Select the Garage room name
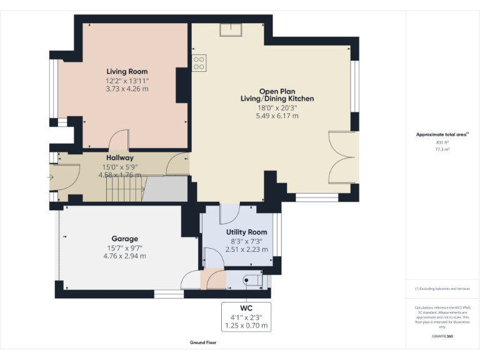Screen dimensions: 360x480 (125, 239)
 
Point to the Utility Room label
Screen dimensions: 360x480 (246, 232)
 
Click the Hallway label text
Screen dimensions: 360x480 (119, 158)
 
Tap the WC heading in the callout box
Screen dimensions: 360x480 (246, 308)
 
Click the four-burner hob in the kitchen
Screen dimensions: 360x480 (199, 62)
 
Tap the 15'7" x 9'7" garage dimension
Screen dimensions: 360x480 (125, 247)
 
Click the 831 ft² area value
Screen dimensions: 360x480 (442, 142)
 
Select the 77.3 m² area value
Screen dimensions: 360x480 (442, 149)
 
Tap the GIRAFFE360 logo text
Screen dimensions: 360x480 (442, 337)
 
